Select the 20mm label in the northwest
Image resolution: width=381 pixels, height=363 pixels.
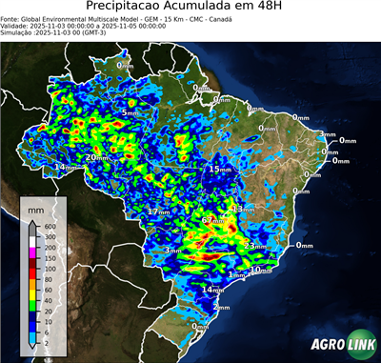[96, 157]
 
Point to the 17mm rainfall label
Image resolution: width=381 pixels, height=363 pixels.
[158, 211]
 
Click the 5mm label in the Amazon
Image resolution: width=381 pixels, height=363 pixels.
[130, 112]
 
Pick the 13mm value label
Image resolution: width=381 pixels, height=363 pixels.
[244, 209]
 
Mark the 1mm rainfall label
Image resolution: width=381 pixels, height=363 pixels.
[236, 274]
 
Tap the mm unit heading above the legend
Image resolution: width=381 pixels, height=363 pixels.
[35, 207]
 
